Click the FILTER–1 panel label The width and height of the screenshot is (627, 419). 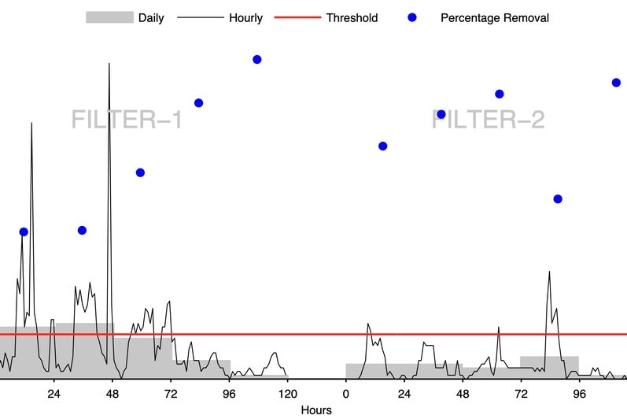point(127,120)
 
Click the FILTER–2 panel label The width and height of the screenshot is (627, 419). point(488,120)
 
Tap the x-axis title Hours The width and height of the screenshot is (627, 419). point(315,410)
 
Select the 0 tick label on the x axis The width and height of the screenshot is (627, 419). point(345,394)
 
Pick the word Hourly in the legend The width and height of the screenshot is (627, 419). point(245,17)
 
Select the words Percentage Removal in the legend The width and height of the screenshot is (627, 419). point(495,17)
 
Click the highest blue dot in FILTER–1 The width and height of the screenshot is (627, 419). point(256,59)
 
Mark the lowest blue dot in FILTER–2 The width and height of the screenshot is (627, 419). point(558,198)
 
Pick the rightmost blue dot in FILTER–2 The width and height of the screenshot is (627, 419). point(616,82)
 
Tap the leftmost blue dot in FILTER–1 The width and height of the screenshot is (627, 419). point(24,232)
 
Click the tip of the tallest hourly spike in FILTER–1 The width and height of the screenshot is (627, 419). point(109,63)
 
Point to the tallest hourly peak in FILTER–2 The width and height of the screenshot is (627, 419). point(549,272)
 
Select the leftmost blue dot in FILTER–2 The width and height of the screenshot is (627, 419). point(382,146)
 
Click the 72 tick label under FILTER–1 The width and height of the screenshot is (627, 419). point(170,394)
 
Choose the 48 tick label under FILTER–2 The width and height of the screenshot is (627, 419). point(463,394)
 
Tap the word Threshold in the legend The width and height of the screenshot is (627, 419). point(352,17)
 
